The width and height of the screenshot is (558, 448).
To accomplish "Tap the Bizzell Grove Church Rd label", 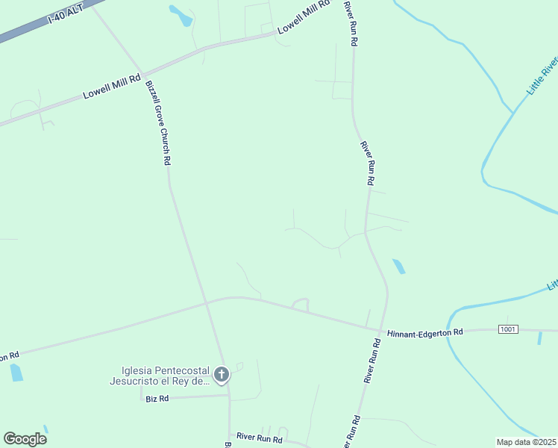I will click(158, 123).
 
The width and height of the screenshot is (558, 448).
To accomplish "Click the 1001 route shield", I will click(508, 329).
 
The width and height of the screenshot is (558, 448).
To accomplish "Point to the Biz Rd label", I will click(157, 399).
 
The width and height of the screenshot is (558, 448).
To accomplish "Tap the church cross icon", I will click(221, 375).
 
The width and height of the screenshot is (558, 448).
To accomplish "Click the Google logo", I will click(25, 439).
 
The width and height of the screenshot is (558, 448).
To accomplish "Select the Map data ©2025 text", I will click(526, 442).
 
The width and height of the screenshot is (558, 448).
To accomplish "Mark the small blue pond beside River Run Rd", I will click(399, 266).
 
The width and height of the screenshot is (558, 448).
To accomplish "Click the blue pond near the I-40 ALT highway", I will click(181, 15).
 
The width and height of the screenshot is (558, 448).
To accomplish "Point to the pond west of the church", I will click(16, 372).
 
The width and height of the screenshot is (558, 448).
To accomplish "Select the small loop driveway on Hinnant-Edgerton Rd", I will click(300, 304).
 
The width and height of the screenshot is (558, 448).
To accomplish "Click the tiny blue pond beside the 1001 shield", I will click(539, 337).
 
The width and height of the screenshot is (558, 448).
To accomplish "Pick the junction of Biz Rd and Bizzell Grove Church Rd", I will click(229, 396).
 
